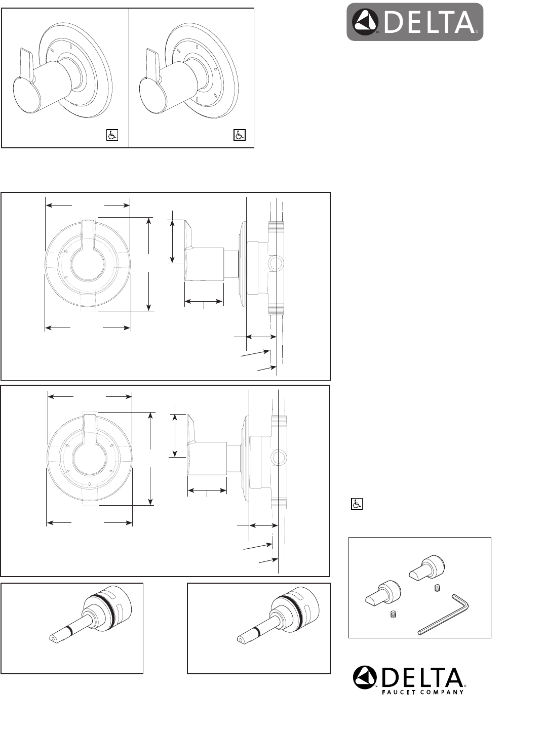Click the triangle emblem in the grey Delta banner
[x=365, y=22]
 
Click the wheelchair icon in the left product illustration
[x=112, y=135]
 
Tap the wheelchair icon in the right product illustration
[x=240, y=135]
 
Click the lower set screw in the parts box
[x=393, y=615]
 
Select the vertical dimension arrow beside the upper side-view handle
[x=172, y=241]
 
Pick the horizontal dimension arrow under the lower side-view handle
[x=207, y=491]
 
